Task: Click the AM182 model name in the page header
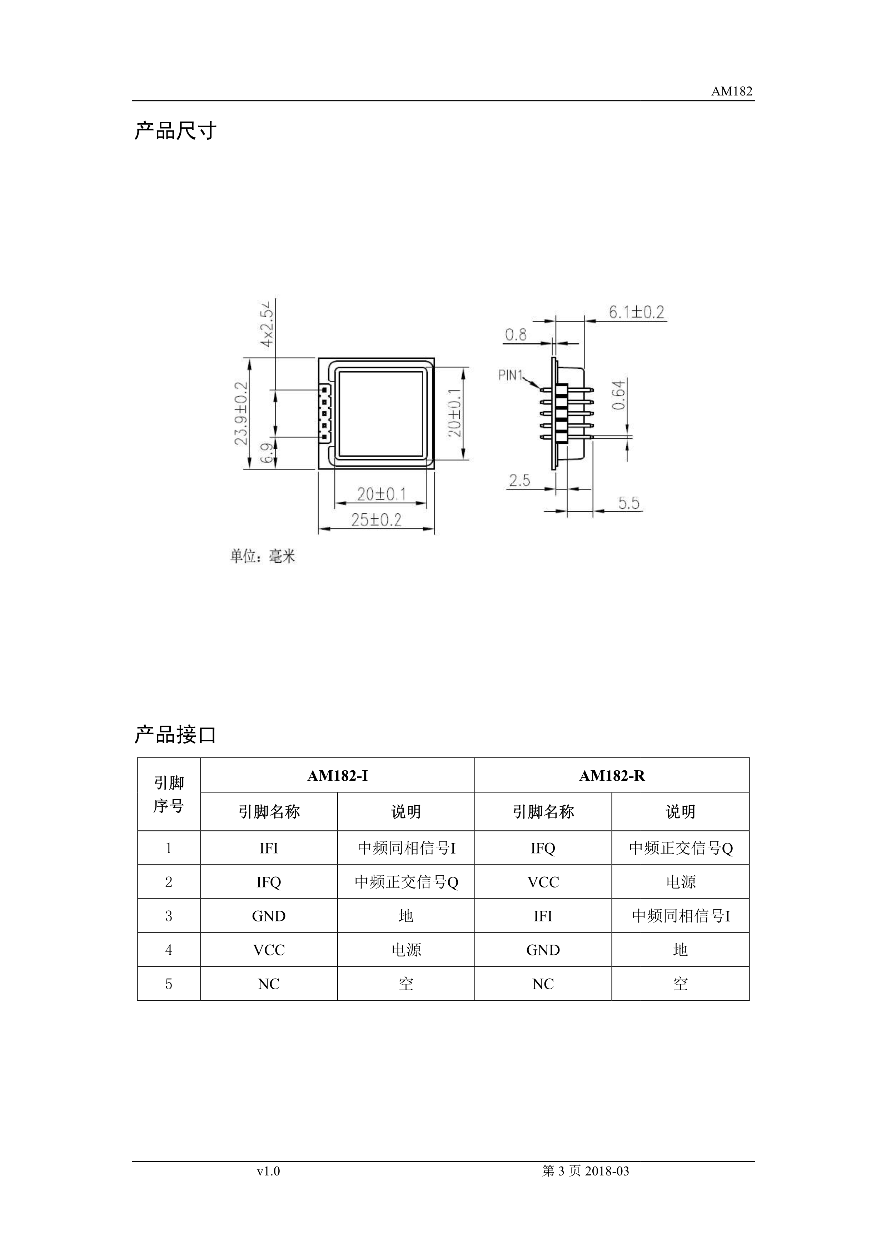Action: [732, 92]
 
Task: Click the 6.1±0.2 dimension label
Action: [637, 312]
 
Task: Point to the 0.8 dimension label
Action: [516, 334]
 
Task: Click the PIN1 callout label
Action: [511, 376]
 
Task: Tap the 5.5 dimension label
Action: [628, 503]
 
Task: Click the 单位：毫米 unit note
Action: [263, 556]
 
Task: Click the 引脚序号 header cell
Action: [169, 794]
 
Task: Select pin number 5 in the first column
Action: [169, 984]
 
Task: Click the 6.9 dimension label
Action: [267, 453]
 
